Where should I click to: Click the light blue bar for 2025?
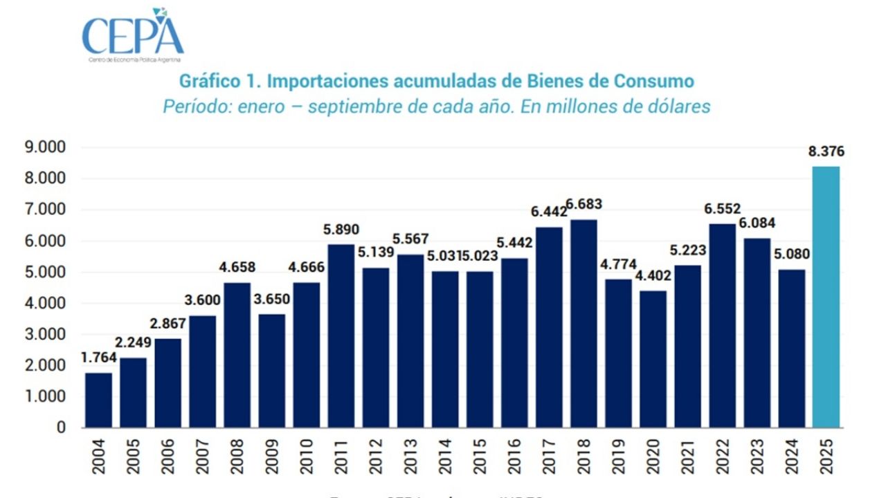(826, 297)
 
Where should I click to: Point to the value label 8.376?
(826, 153)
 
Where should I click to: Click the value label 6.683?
(584, 205)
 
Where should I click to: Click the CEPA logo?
(133, 35)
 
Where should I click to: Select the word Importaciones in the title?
(325, 81)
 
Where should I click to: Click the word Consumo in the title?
(653, 81)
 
